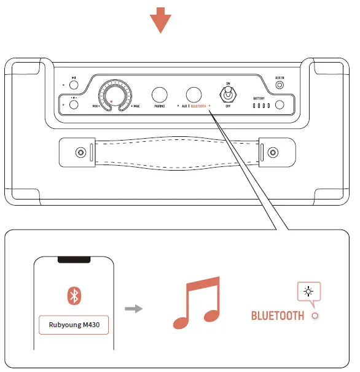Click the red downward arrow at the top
[x=160, y=20]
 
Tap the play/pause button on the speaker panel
[x=74, y=85]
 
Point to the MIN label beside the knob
[x=96, y=106]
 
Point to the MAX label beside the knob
[x=135, y=106]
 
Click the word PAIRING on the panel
[x=159, y=106]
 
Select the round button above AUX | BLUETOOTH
[x=194, y=95]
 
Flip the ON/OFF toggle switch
[x=229, y=94]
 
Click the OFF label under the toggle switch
[x=229, y=106]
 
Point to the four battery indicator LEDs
[x=261, y=105]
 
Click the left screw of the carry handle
[x=79, y=152]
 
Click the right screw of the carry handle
[x=272, y=152]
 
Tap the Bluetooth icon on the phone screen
[x=74, y=296]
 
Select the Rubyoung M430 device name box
[x=73, y=325]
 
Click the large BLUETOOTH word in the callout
[x=278, y=316]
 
